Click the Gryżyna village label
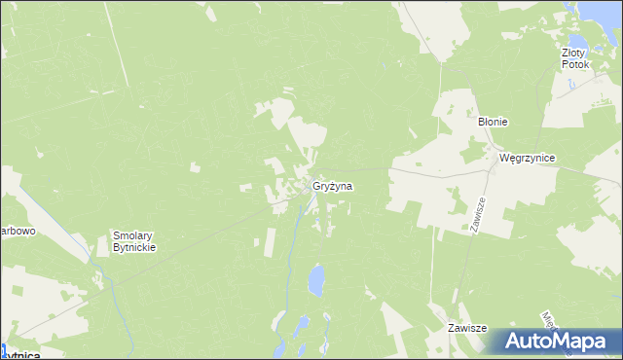[333, 185]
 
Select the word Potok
[575, 64]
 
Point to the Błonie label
[494, 122]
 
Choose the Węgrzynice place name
[526, 157]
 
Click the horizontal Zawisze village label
[466, 329]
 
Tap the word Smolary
[134, 235]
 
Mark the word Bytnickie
[134, 247]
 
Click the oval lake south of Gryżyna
[316, 282]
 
